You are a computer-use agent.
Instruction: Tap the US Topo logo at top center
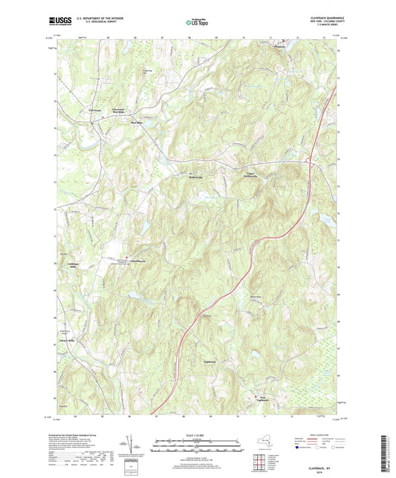196,23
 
